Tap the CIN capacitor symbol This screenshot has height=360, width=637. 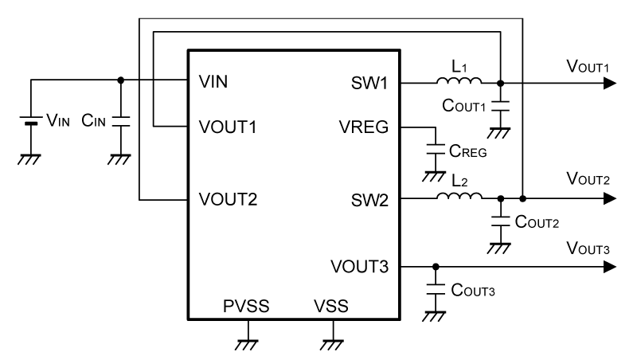coord(120,122)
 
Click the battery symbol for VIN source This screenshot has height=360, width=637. coord(31,122)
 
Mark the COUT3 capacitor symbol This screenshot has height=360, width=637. coord(435,290)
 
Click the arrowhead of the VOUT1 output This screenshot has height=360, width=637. coord(608,83)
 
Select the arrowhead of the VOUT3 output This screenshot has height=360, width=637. coord(608,266)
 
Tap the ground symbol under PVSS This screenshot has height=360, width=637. coord(248,343)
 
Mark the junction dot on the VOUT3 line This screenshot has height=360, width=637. coord(435,266)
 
